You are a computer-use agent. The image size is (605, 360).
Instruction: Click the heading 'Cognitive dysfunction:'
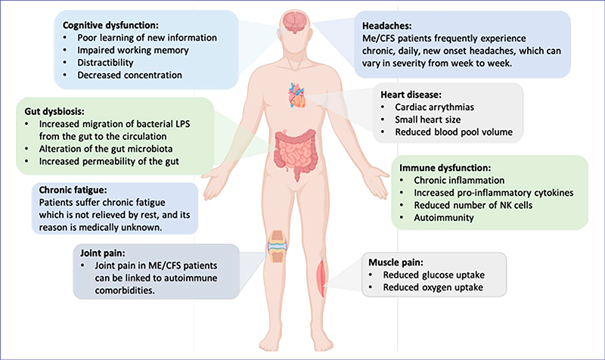(x=110, y=23)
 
